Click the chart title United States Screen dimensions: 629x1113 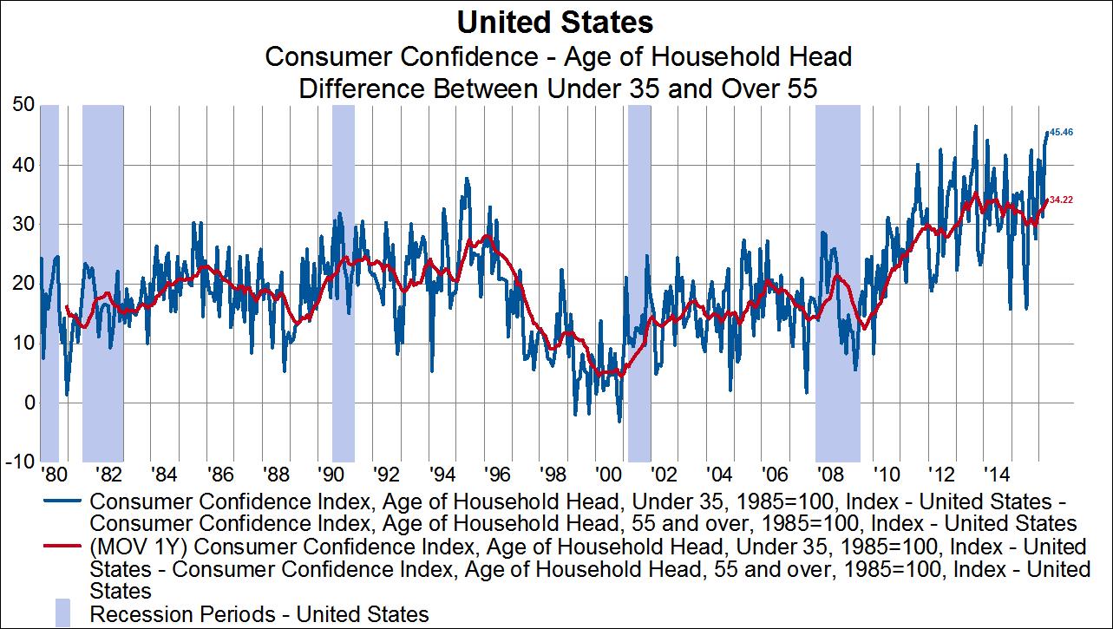(x=556, y=21)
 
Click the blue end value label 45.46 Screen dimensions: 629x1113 (x=1063, y=133)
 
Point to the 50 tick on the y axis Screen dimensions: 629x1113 (x=23, y=105)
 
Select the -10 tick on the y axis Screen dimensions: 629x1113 (x=19, y=462)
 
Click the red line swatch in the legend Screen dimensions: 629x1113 (x=62, y=547)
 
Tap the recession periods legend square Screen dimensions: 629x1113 (x=62, y=613)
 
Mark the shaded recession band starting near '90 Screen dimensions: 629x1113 (x=344, y=283)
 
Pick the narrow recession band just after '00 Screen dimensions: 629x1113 (x=639, y=283)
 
